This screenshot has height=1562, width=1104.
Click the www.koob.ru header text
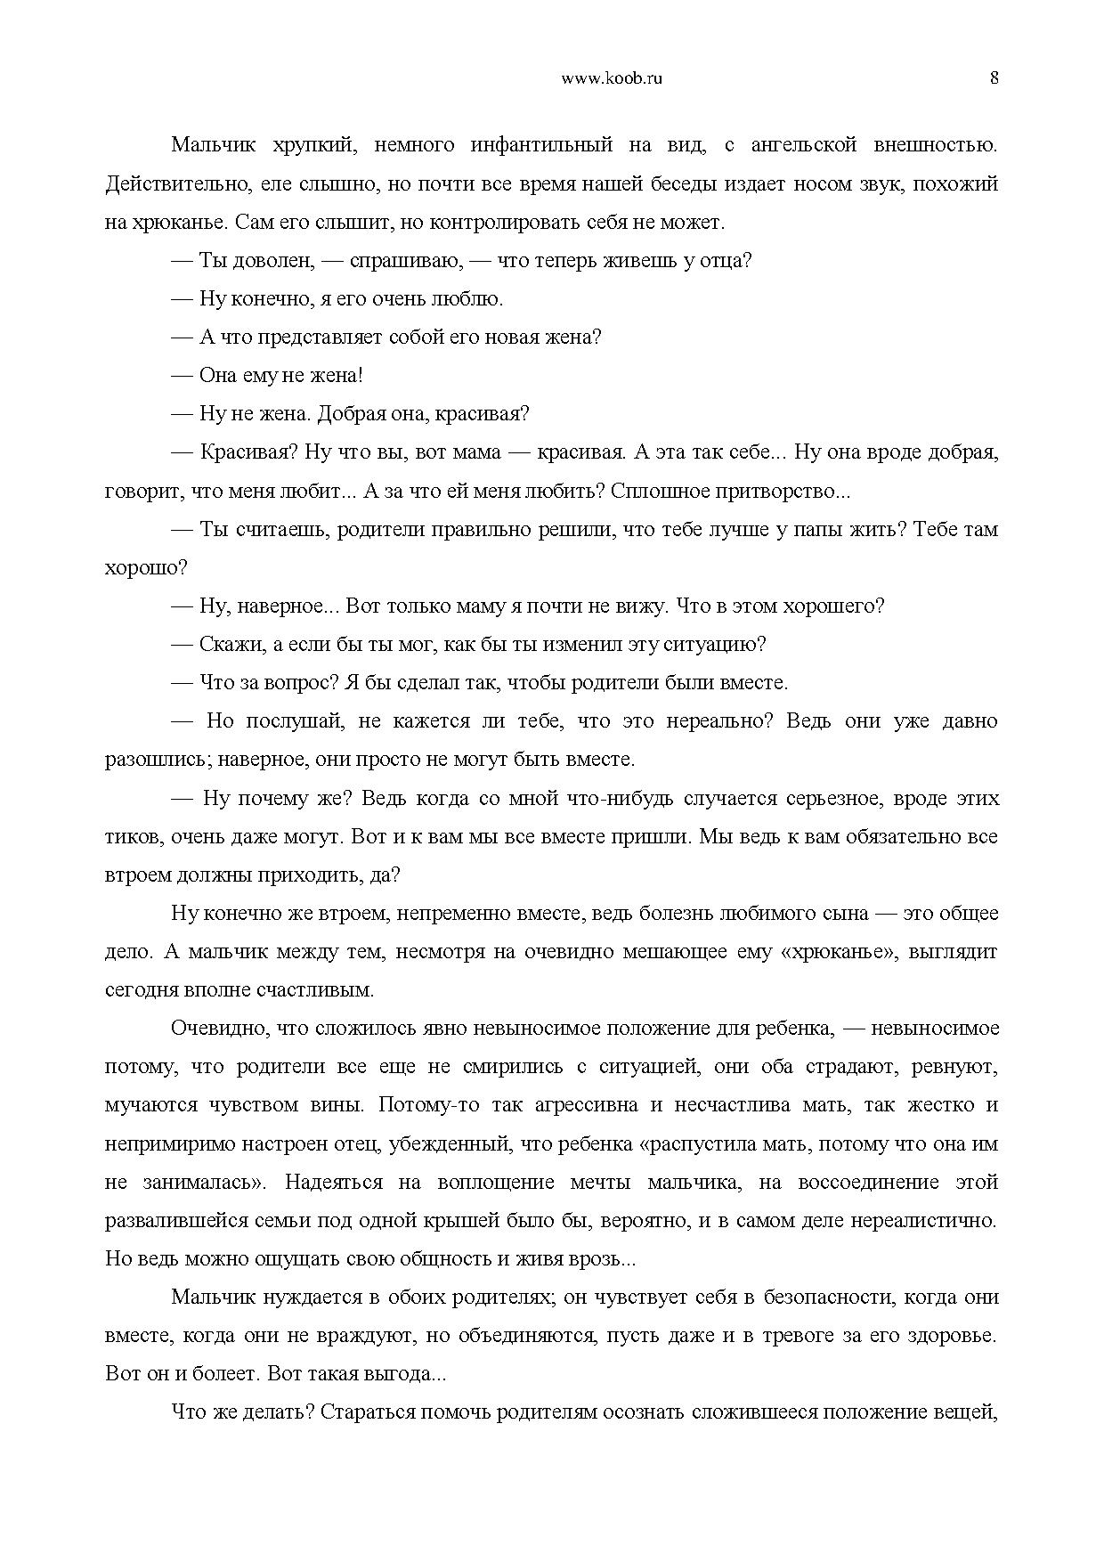613,77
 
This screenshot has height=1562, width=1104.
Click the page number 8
994,77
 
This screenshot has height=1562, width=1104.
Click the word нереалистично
931,1221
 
